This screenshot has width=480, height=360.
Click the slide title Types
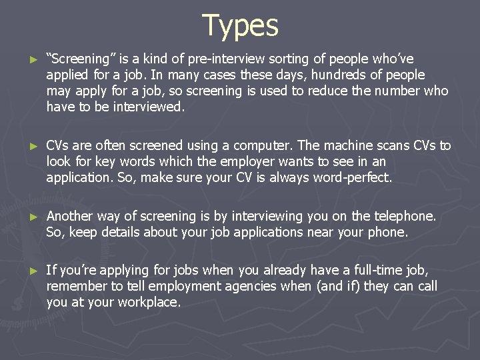click(240, 25)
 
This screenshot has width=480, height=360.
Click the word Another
click(69, 216)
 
